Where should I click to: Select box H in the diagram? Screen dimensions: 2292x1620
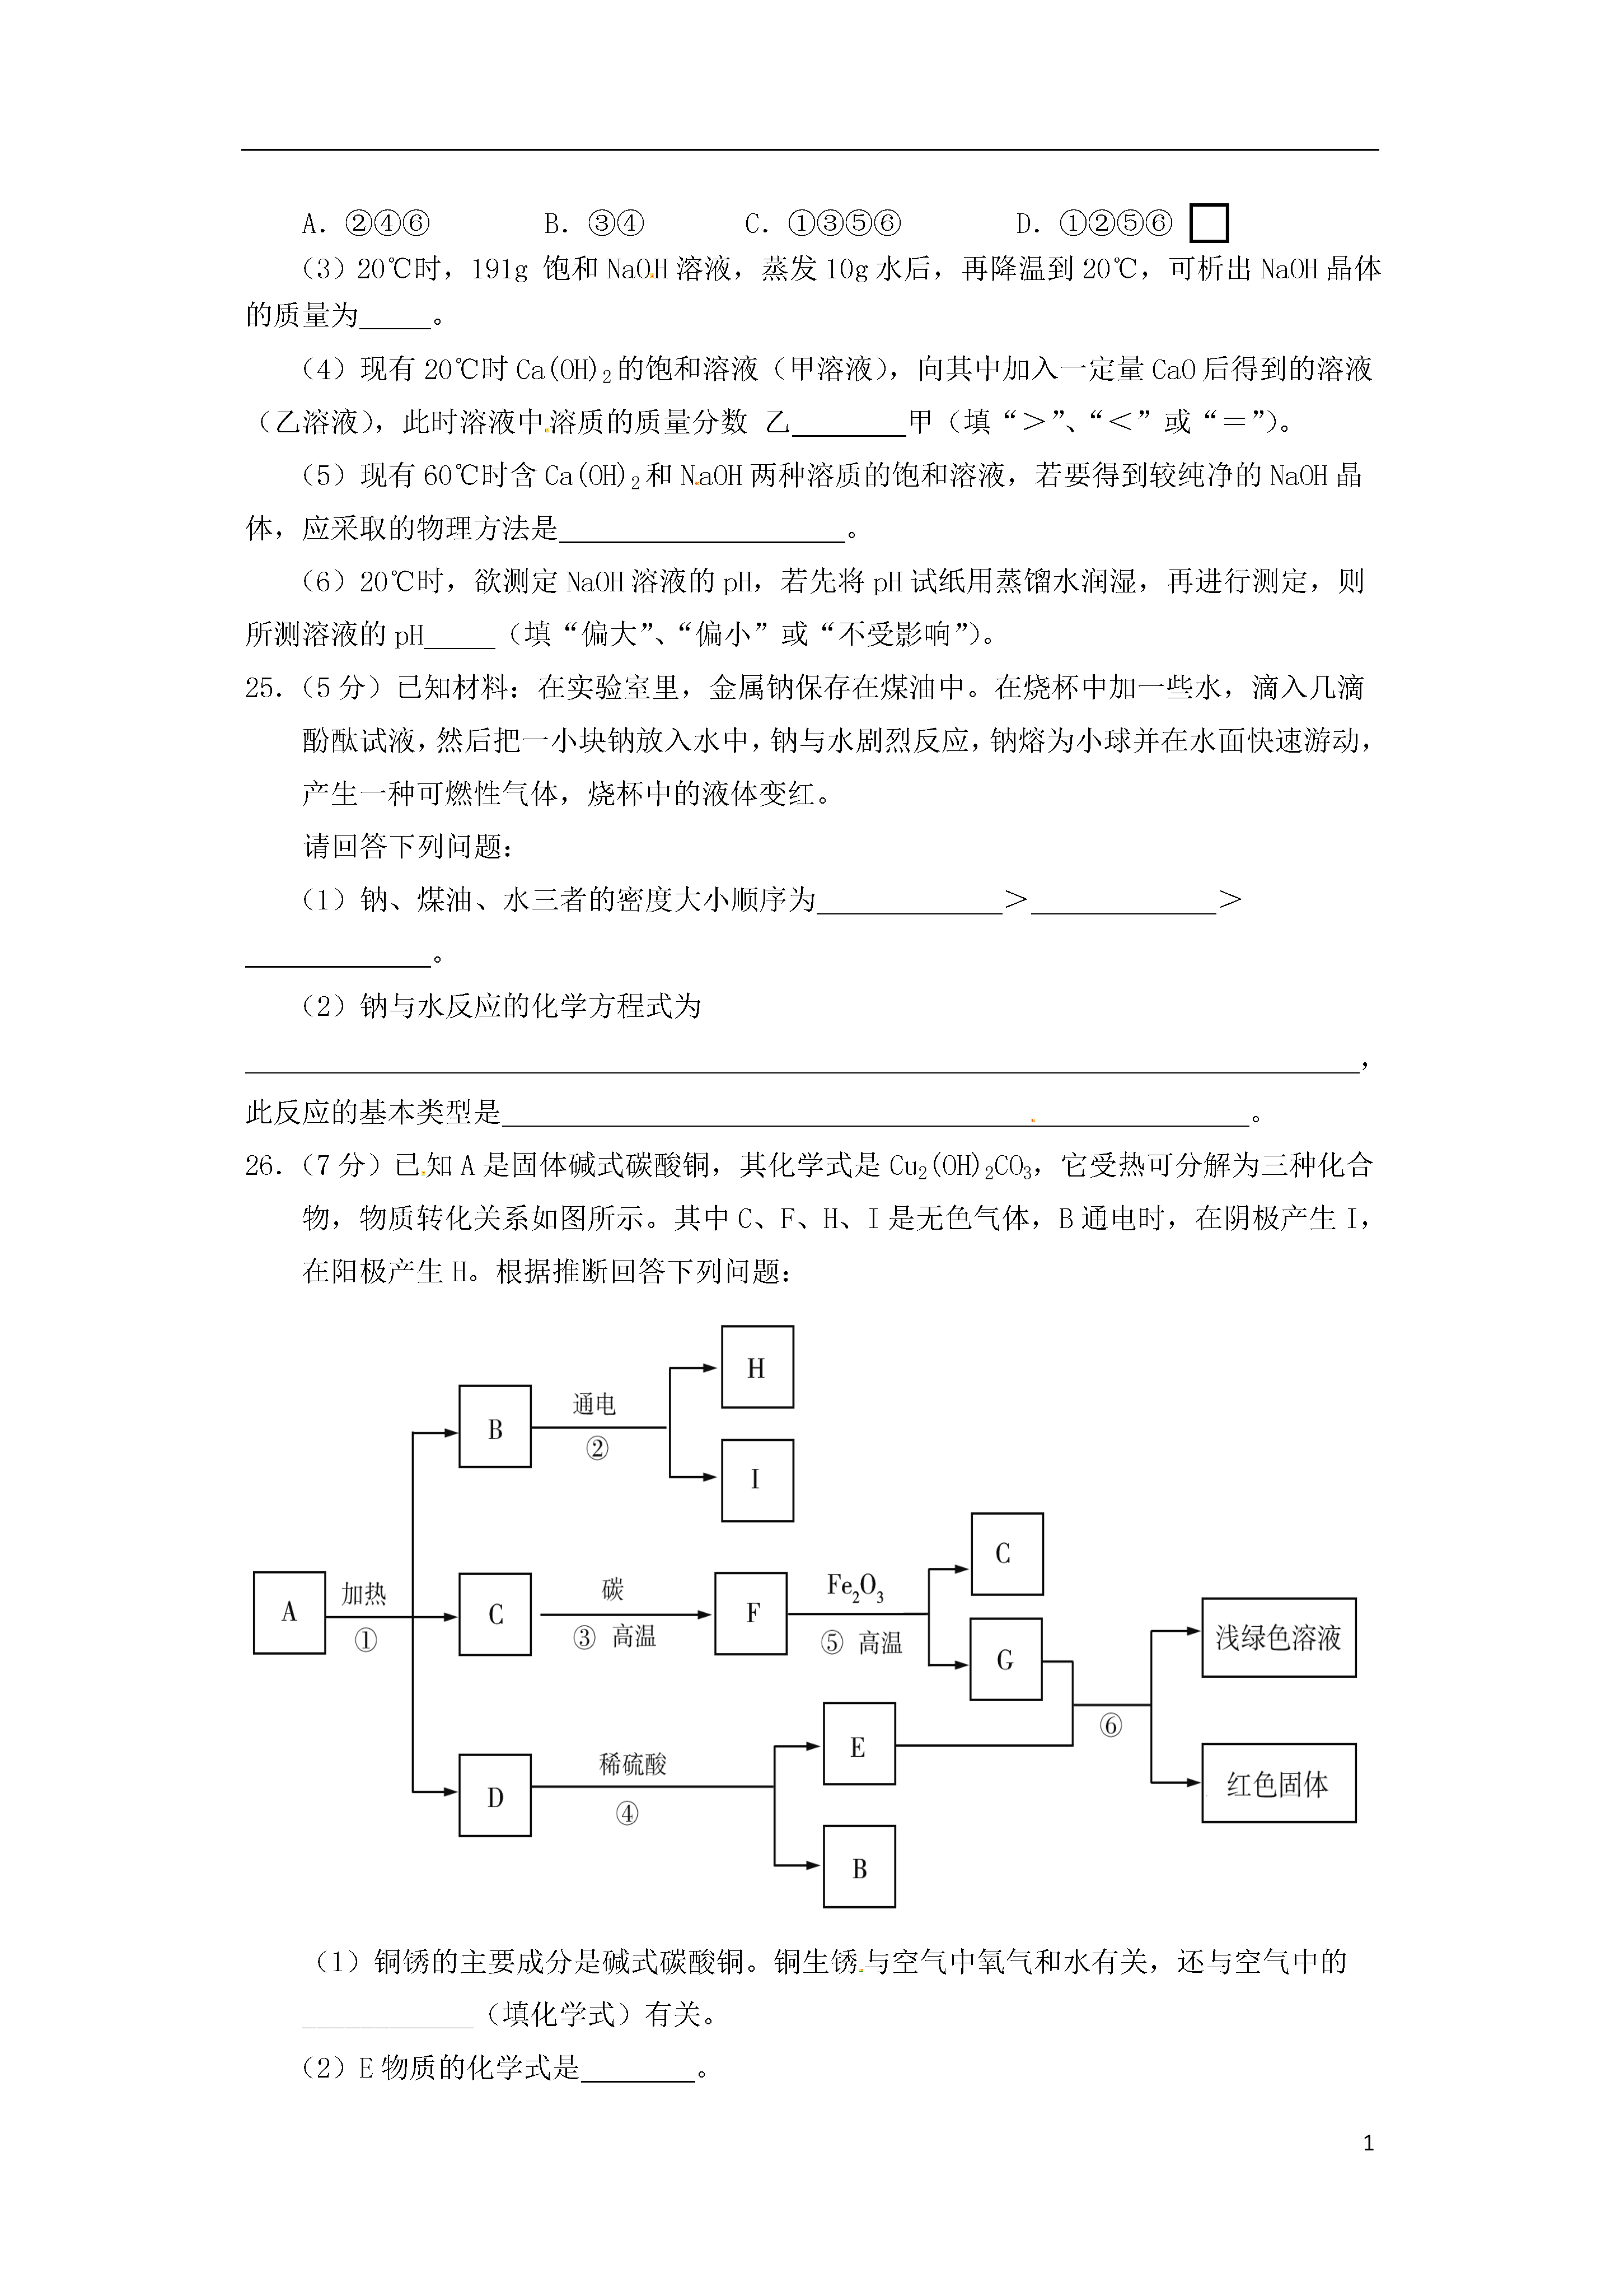[757, 1367]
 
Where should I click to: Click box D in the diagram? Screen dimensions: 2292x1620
[494, 1799]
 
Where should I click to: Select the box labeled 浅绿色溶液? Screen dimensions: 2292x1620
[1277, 1637]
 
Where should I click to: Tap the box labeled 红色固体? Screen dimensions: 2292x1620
[1277, 1785]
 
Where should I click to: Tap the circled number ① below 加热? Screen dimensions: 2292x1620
[366, 1640]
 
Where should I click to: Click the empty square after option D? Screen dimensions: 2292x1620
[1209, 223]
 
